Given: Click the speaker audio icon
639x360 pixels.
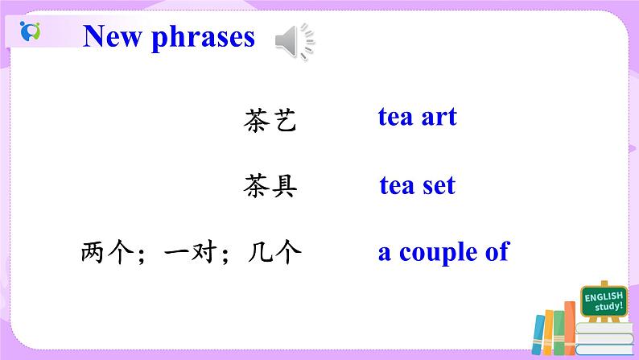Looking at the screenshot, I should pos(294,40).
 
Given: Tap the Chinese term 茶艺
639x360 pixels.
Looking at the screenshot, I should pos(270,121).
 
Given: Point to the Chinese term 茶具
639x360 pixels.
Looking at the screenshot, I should pos(270,187).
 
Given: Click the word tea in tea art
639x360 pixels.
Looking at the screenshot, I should pos(396,117).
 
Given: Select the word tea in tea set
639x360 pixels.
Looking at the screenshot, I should pos(397,186).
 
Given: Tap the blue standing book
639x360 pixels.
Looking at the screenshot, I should pos(539,337).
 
